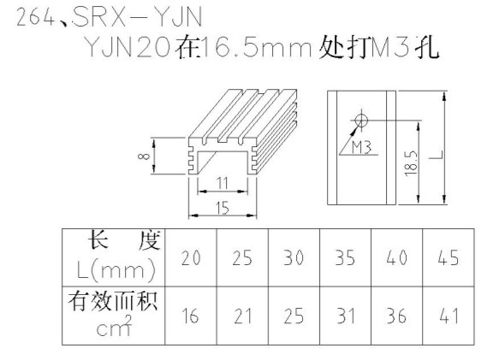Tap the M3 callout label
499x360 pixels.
coord(361,148)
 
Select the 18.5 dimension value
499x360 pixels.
coord(411,162)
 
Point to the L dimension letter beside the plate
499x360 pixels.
coord(438,155)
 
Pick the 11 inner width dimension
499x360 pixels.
coord(223,183)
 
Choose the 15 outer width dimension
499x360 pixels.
coord(223,208)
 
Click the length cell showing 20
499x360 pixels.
coord(191,257)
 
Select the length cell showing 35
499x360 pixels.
coord(345,257)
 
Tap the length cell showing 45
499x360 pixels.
coord(449,257)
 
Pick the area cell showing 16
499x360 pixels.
coord(190,316)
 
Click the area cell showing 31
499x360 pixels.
coord(346,316)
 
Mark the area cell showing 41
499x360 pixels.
coord(449,316)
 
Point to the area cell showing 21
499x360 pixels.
coord(242,316)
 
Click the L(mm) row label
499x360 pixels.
coord(116,271)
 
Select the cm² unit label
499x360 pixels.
coord(114,326)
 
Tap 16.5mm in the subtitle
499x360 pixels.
coord(256,48)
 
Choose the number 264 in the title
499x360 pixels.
coord(36,18)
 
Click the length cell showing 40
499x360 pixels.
coord(397,257)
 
